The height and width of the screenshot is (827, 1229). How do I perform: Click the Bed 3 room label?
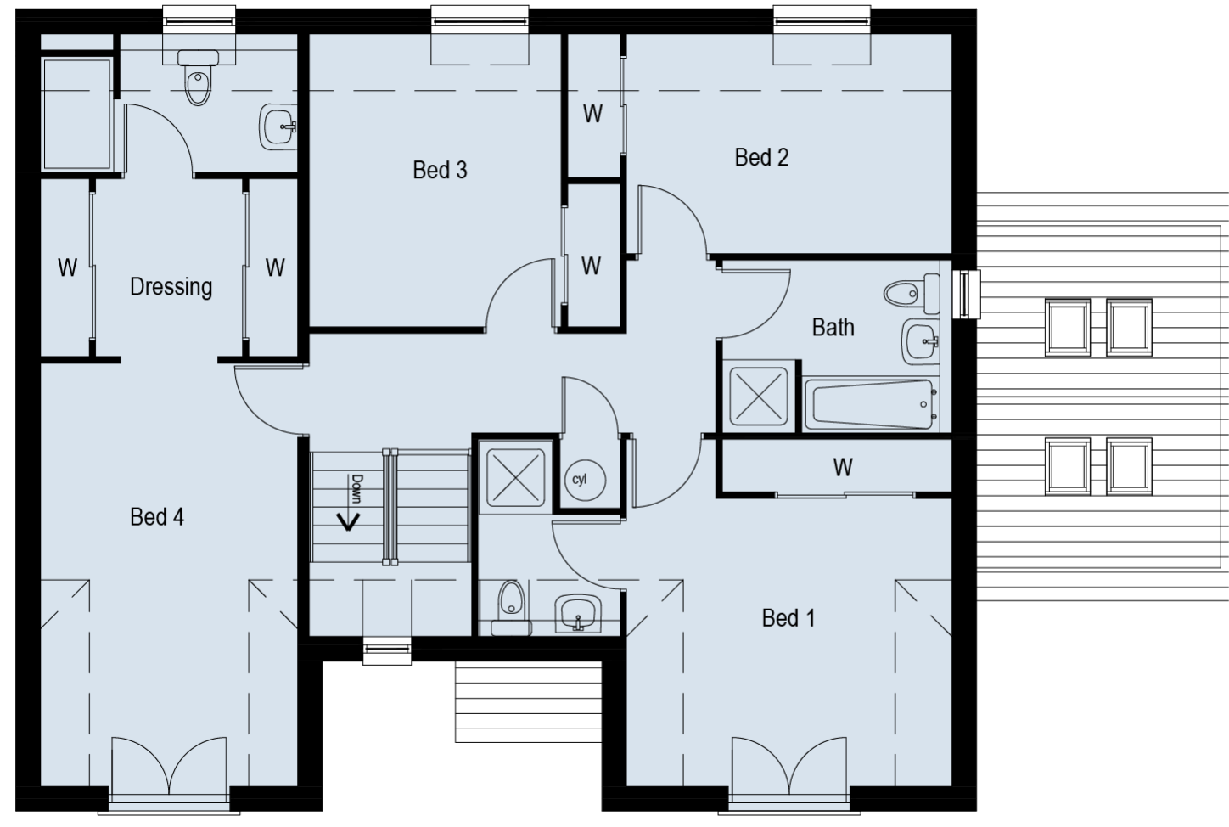tap(440, 170)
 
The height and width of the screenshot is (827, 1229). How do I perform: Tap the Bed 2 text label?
tap(761, 157)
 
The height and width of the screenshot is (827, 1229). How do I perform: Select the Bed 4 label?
tap(157, 517)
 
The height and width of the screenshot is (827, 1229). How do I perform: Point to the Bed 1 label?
tap(788, 618)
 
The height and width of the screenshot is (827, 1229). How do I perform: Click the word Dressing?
tap(171, 287)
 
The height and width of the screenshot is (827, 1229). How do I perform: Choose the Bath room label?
tap(833, 328)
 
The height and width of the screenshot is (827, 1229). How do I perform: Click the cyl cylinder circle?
tap(586, 481)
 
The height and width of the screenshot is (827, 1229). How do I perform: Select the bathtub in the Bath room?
tap(872, 404)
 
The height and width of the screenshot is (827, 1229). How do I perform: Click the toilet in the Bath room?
tap(912, 292)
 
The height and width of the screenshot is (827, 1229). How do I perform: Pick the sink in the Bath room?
tap(920, 341)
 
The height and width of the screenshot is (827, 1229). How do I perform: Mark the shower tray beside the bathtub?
tap(758, 397)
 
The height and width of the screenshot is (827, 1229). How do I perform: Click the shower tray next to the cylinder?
tap(516, 477)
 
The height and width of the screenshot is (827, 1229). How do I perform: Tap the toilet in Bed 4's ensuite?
tap(198, 76)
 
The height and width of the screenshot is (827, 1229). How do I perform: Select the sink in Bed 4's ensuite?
tap(278, 127)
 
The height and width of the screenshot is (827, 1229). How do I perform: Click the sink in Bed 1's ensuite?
tap(578, 614)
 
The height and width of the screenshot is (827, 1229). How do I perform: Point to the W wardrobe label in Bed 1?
tap(843, 468)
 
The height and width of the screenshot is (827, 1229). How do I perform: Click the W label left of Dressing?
tap(68, 267)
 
